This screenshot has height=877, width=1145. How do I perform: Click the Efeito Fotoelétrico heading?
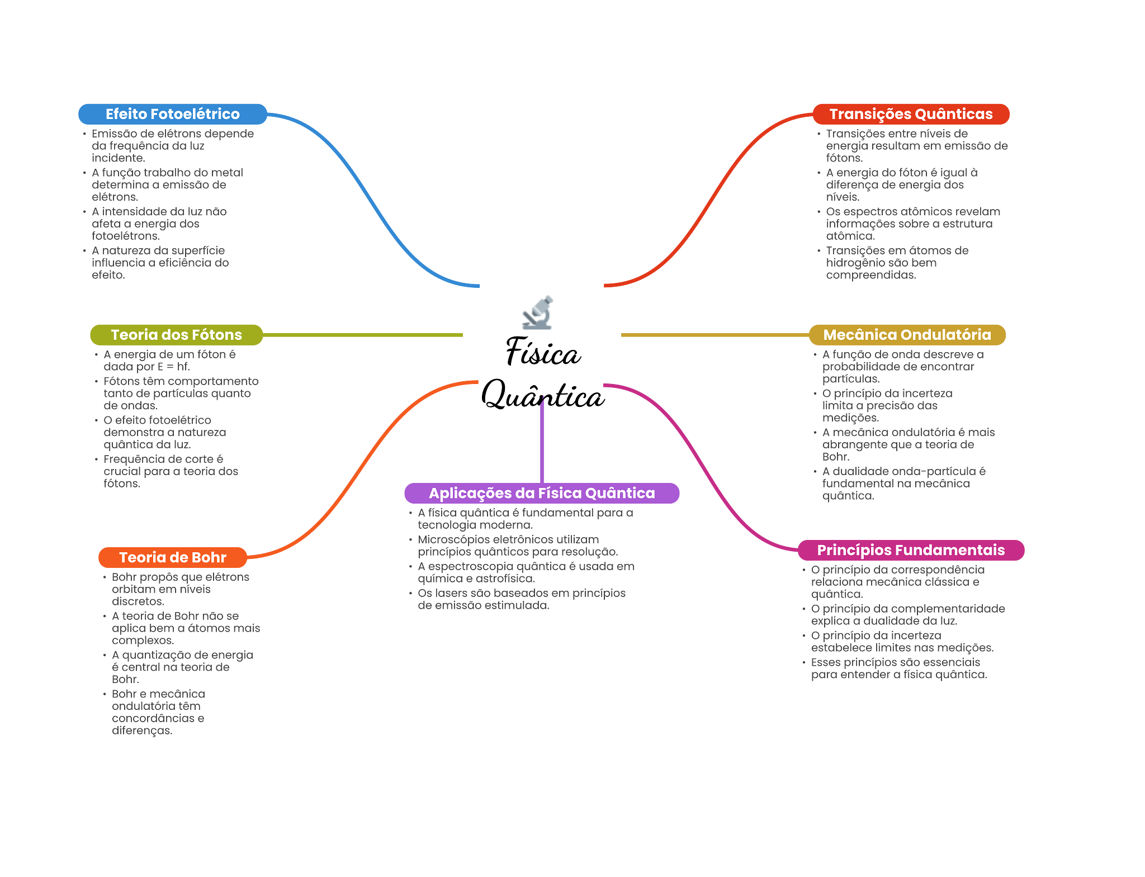[x=173, y=114]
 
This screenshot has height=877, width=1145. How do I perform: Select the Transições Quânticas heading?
[x=911, y=114]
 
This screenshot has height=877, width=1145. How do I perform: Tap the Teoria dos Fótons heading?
[x=176, y=335]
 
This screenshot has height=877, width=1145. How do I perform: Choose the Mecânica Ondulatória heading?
[x=907, y=335]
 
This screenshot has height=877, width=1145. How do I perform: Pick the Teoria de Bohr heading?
[x=173, y=557]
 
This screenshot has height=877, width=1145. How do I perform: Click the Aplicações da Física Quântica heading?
[x=542, y=493]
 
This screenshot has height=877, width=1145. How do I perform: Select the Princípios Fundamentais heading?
[x=911, y=550]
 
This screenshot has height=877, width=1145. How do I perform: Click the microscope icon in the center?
[x=538, y=313]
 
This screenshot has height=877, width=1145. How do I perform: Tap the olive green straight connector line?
[x=363, y=335]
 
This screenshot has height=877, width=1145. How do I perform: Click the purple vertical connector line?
[x=542, y=442]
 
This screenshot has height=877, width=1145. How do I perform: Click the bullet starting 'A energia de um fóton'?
[x=169, y=361]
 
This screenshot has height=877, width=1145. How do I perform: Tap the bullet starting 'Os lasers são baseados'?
[x=522, y=599]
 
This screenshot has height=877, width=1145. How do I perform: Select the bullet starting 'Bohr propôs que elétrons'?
[x=181, y=589]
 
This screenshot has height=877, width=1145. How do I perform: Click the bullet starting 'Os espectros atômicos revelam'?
[x=913, y=224]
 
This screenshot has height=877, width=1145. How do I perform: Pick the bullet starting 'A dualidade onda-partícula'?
[x=903, y=483]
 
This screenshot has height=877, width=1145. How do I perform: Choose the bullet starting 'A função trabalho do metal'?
[x=167, y=184]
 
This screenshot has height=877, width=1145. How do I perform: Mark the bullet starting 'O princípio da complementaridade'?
[x=908, y=615]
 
